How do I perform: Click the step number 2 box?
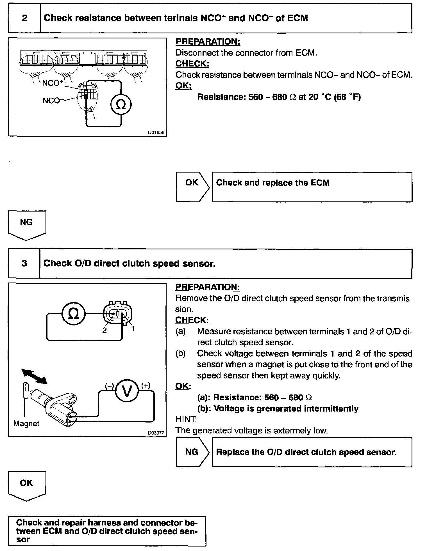[24, 18]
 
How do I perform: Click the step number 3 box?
[24, 263]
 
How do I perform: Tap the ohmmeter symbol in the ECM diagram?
[121, 105]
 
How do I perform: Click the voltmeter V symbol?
[127, 391]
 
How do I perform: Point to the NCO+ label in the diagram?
[52, 83]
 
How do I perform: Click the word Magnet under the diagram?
[26, 423]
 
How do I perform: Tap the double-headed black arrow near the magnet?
[35, 376]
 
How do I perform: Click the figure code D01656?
[156, 132]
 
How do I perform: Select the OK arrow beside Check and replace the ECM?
[192, 187]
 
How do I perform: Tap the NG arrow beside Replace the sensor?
[192, 452]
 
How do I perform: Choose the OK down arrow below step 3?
[27, 486]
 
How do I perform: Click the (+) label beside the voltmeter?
[146, 385]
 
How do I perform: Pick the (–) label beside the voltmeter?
[109, 386]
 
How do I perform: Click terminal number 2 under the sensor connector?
[105, 330]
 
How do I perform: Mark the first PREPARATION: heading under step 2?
[208, 42]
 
